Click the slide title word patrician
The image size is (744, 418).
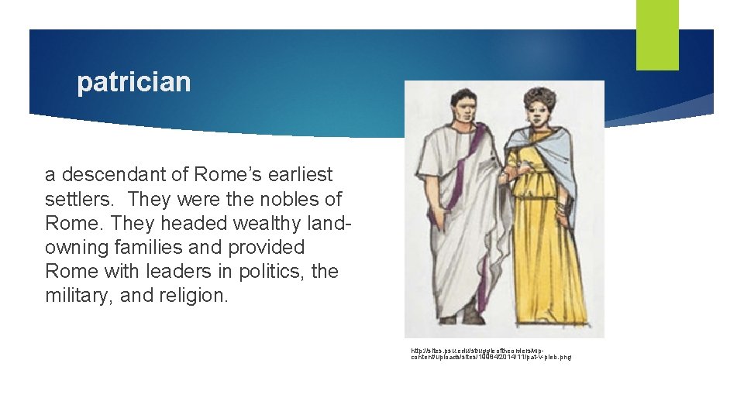[133, 82]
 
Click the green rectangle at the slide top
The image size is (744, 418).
[656, 35]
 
